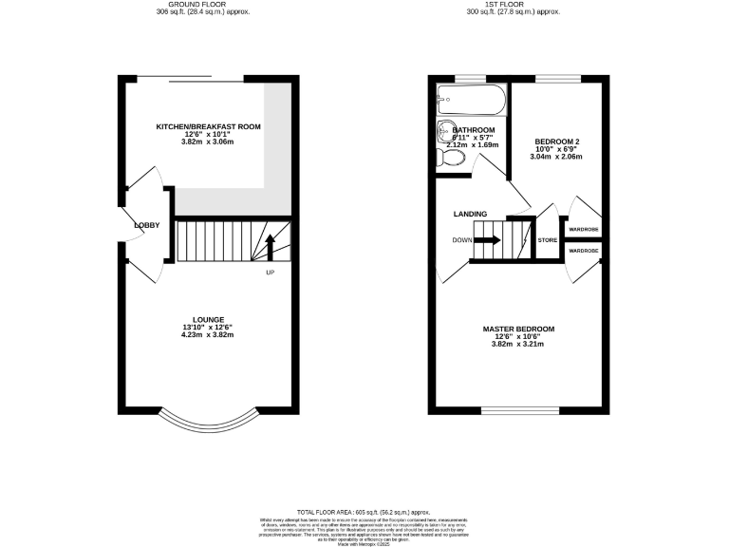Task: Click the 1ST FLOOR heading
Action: click(x=513, y=4)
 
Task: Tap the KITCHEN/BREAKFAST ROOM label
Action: click(x=208, y=126)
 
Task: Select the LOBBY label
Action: click(x=147, y=225)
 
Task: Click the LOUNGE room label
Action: click(x=208, y=319)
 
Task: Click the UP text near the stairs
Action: click(x=270, y=273)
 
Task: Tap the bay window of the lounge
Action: click(x=208, y=423)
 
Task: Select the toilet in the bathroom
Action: click(x=449, y=159)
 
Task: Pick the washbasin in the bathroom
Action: click(x=446, y=132)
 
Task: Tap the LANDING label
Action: click(x=470, y=215)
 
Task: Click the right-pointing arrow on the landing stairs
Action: click(x=486, y=240)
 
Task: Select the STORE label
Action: click(x=548, y=240)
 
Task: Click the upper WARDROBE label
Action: click(x=583, y=230)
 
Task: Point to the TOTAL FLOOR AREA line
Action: click(x=364, y=511)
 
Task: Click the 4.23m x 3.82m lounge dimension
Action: click(x=208, y=334)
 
